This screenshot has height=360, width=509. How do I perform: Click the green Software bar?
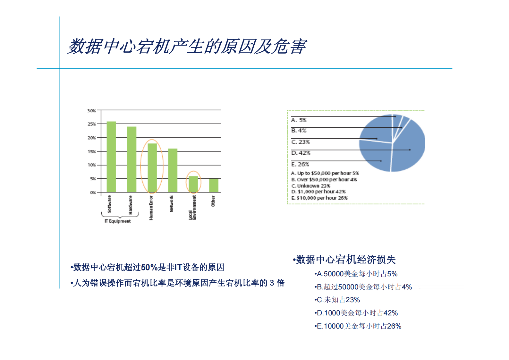[x=111, y=157]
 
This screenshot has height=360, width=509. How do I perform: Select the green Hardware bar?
[x=131, y=159]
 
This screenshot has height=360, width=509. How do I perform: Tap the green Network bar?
[x=173, y=170]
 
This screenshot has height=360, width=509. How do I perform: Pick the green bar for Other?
[x=214, y=185]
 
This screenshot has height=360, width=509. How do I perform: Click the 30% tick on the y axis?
[x=92, y=111]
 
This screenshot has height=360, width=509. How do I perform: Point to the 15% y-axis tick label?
[x=92, y=151]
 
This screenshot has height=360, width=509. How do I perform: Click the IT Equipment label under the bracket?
[x=118, y=221]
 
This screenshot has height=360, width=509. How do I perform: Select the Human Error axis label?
[x=151, y=208]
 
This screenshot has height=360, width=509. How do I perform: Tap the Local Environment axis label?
[x=192, y=208]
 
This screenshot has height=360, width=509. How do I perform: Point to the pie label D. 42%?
[x=301, y=153]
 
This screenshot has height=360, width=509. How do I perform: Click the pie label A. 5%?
[x=299, y=120]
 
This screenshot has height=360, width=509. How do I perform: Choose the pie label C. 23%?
[x=300, y=142]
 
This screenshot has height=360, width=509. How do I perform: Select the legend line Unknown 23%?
[x=311, y=186]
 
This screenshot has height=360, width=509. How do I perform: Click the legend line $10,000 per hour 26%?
[x=319, y=198]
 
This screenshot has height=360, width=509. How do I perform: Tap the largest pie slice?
[x=409, y=148]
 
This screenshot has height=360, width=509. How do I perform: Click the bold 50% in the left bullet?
[x=146, y=267]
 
